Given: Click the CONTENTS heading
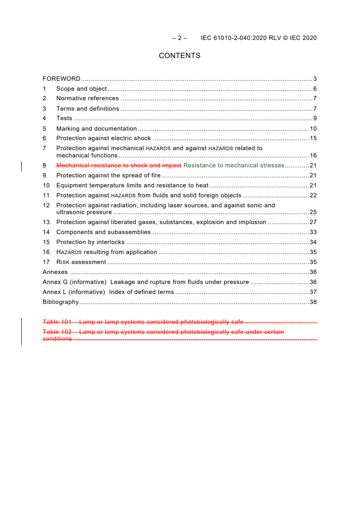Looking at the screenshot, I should point(179,56).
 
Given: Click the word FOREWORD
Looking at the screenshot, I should point(61,78).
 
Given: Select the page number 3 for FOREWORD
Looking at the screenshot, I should point(315,78).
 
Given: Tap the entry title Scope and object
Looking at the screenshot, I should point(82,88).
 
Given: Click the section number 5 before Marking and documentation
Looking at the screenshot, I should point(44,128).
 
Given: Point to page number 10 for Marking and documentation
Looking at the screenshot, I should point(313,128).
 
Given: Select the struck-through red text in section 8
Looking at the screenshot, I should point(119,165).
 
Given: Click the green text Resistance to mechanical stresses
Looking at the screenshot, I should point(234,165).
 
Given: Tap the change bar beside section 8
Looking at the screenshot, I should point(22,166).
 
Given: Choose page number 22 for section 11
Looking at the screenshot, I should point(313,195).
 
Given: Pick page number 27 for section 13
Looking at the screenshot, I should point(313,222).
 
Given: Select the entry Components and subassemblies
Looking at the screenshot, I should point(104,232).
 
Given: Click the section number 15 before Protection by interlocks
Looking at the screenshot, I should point(46,242).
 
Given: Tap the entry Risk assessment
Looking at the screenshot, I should point(81,262).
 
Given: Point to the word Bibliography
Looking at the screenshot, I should point(60,302).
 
